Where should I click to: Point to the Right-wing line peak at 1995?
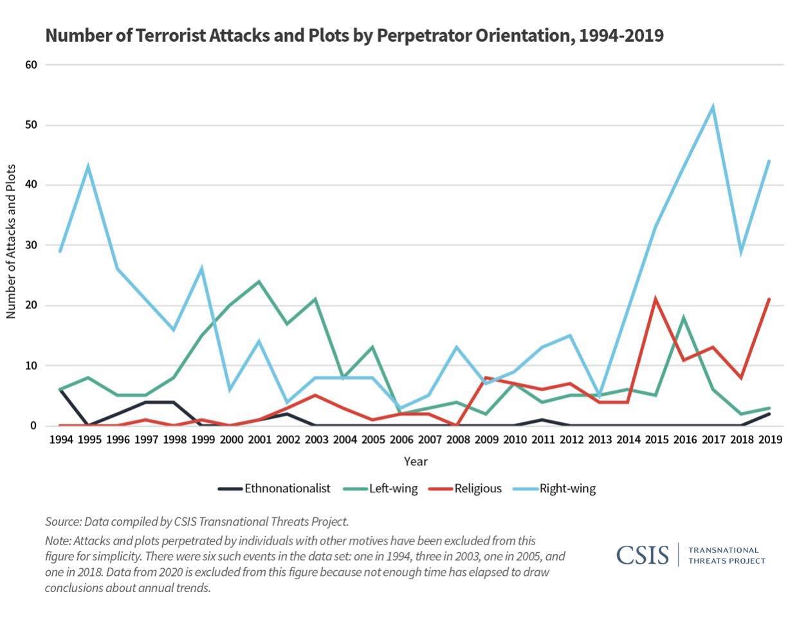pos(88,167)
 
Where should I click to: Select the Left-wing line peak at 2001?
pos(259,281)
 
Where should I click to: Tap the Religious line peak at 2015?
pos(655,299)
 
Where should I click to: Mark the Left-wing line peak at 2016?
pos(684,317)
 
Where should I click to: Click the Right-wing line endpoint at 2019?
pos(769,161)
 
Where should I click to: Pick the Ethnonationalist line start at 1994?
pos(60,389)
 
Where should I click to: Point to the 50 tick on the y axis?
pos(32,125)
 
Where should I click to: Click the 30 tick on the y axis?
pos(32,245)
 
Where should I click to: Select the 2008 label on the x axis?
pos(457,440)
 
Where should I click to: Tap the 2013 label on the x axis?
pos(600,440)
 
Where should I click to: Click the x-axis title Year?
pos(415,461)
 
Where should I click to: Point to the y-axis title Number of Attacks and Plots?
pos(11,241)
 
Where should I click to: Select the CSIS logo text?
pos(642,555)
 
